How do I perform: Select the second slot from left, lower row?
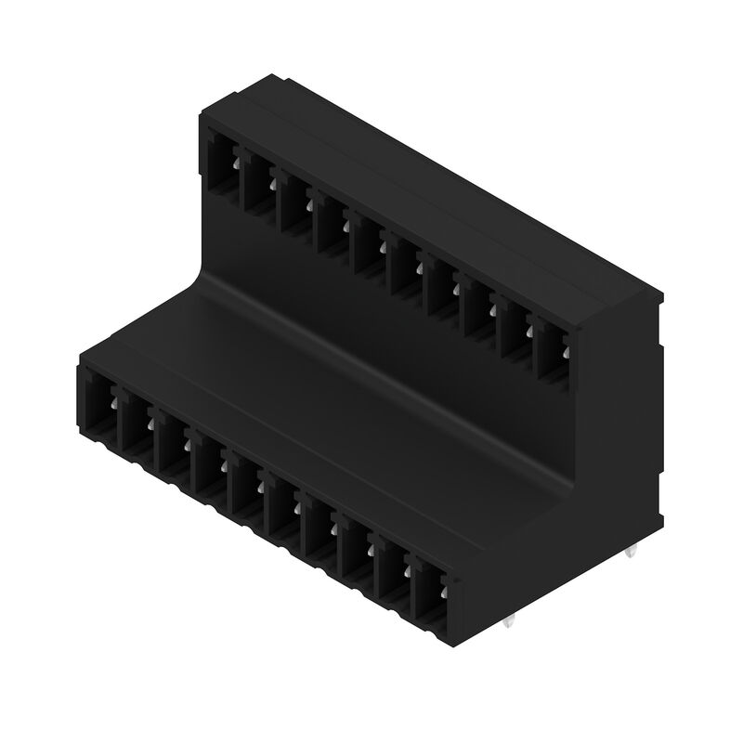136,427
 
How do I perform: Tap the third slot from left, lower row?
174,445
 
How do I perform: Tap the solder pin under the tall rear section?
633,554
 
